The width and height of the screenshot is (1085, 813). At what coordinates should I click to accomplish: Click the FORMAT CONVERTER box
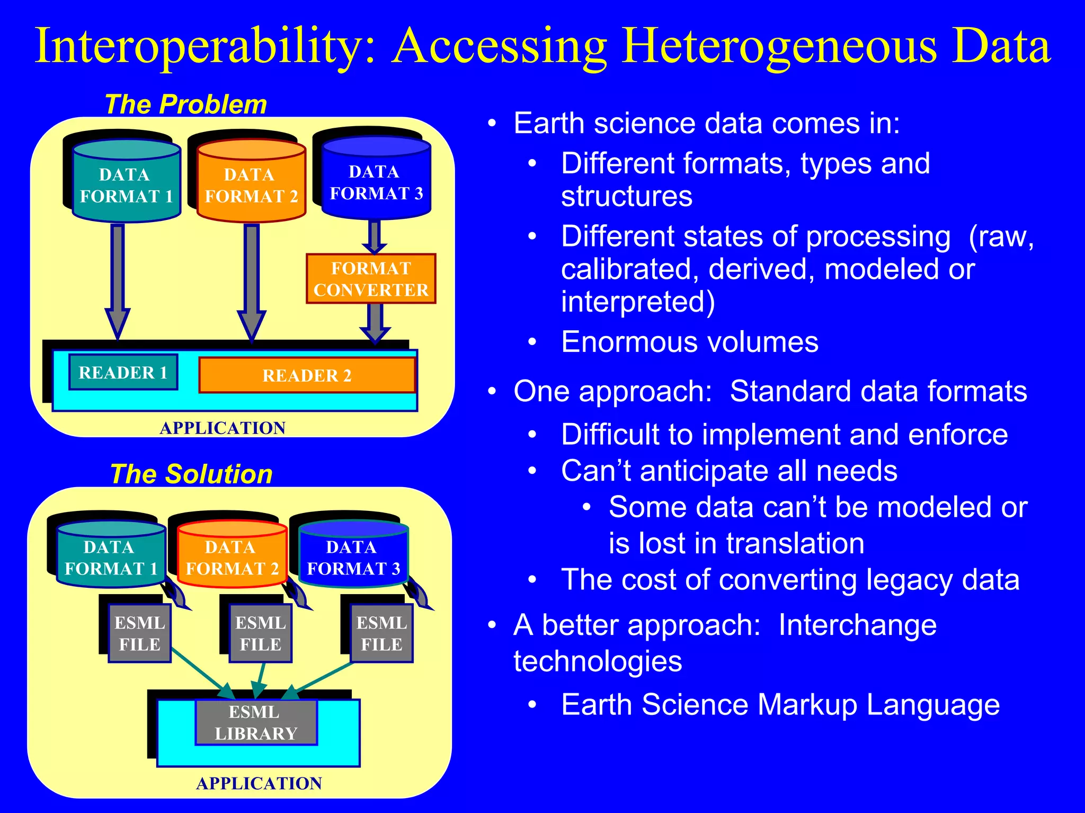371,279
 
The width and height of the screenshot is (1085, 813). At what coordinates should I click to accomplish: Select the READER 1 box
123,372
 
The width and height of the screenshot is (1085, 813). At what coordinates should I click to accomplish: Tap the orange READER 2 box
307,375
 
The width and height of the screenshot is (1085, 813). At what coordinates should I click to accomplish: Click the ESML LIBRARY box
256,723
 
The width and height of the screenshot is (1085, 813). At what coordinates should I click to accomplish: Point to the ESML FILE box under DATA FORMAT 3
381,633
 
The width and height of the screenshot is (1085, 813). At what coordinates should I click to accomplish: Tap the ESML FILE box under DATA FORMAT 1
139,633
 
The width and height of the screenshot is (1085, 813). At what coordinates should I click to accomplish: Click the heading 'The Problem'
186,104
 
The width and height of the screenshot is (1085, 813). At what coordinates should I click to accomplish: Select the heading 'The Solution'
191,474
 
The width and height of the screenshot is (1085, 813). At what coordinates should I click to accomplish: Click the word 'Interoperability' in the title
204,47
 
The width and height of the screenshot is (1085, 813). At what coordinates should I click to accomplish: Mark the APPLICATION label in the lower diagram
259,783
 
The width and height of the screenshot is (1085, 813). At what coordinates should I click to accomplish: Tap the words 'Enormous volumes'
690,342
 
